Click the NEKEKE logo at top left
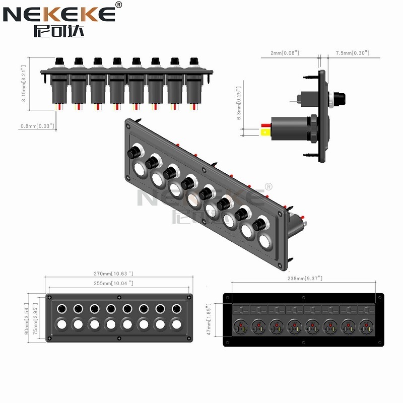pyautogui.click(x=59, y=15)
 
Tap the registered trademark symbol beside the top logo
pyautogui.click(x=118, y=5)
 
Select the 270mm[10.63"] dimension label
pyautogui.click(x=117, y=273)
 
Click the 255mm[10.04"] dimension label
pyautogui.click(x=117, y=283)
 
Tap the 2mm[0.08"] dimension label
pyautogui.click(x=285, y=53)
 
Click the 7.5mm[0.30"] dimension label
pyautogui.click(x=353, y=53)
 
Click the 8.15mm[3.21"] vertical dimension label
pyautogui.click(x=24, y=84)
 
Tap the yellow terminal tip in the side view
pyautogui.click(x=264, y=132)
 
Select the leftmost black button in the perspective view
pyautogui.click(x=133, y=153)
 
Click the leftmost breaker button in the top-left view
pyautogui.click(x=59, y=61)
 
